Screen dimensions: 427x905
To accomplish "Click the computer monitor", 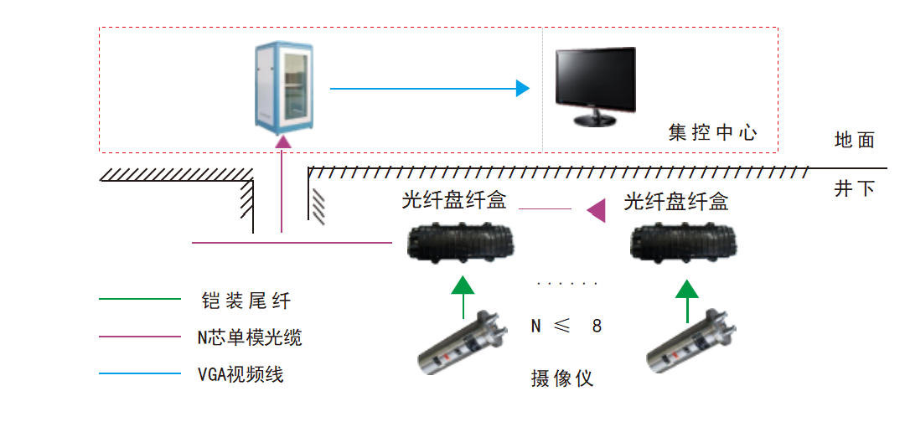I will pos(596,86).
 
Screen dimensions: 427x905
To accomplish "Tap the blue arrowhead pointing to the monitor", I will pos(523,88).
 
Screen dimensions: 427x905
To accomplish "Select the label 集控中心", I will pos(713,132).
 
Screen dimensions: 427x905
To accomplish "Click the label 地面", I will pos(855,140).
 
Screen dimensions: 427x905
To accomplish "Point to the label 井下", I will pos(855,188).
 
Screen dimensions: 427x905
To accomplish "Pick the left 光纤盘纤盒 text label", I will pos(455,202).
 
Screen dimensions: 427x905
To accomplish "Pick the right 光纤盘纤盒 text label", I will pos(676,202).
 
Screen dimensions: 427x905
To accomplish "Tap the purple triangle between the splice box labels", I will pos(596,209).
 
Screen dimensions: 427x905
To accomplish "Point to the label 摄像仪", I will pos(561,378).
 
